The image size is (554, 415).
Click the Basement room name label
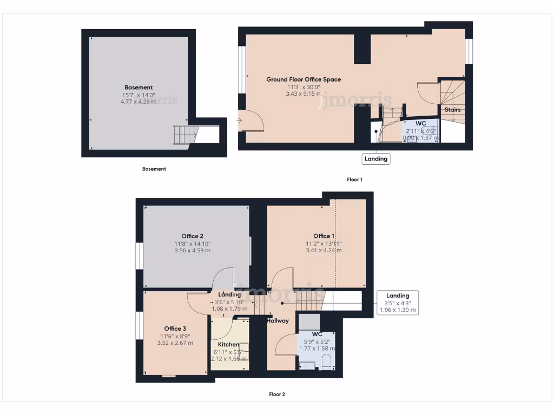click(138, 88)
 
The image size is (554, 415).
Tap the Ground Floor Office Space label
click(304, 79)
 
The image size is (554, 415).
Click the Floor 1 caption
click(354, 179)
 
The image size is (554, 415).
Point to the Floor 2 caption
click(277, 394)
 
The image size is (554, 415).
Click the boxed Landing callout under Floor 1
click(376, 159)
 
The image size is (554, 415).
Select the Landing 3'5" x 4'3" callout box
click(398, 303)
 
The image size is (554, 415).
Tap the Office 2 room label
click(193, 236)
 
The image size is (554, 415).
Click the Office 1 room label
click(324, 236)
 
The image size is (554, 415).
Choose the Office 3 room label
click(175, 329)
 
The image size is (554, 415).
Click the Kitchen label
click(228, 344)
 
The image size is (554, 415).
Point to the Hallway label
click(278, 320)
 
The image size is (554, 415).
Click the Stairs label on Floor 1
click(453, 110)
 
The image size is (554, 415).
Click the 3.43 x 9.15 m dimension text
click(304, 93)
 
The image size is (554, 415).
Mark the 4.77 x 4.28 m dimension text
click(138, 102)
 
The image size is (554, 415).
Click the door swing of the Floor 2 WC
click(286, 346)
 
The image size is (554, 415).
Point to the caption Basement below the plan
click(154, 169)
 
